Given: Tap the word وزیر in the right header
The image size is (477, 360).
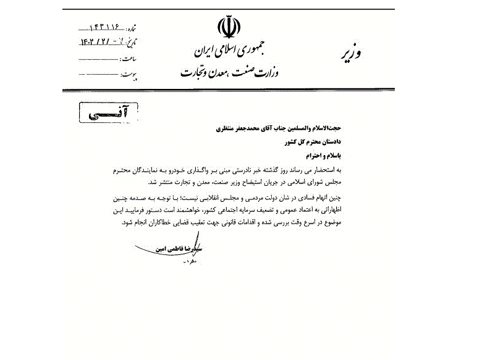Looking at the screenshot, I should coord(350,52).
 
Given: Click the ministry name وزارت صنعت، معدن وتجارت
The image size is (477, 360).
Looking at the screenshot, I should coord(229,72).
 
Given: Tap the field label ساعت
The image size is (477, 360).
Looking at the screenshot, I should coord(129,59).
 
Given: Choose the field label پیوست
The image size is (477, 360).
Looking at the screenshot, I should coord(128,75).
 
